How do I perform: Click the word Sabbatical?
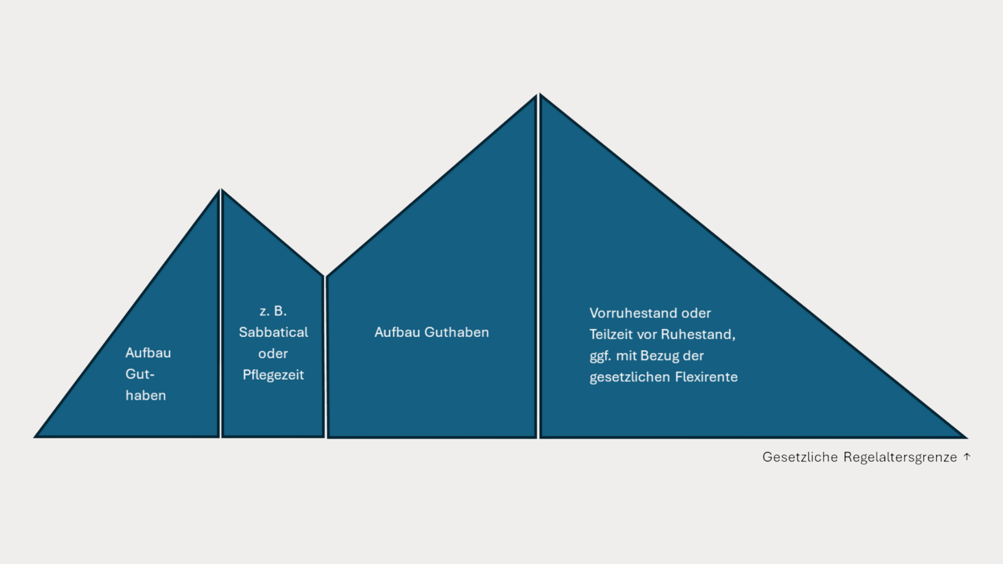point(273,332)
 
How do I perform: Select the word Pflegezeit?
point(273,375)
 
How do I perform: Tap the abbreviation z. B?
point(273,311)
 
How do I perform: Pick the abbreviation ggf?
point(600,356)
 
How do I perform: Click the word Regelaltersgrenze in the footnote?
point(900,457)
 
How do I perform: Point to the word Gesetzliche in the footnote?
point(800,457)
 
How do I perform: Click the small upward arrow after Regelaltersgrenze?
point(967,456)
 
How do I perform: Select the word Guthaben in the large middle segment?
point(457,332)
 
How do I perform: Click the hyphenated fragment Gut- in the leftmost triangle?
point(140,374)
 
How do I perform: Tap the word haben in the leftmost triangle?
point(146,395)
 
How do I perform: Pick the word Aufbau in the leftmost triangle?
point(148,352)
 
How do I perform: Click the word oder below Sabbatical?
point(273,354)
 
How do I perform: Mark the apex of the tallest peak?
point(538,95)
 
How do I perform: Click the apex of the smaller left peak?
point(220,190)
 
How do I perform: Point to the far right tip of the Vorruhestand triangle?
point(966,437)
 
